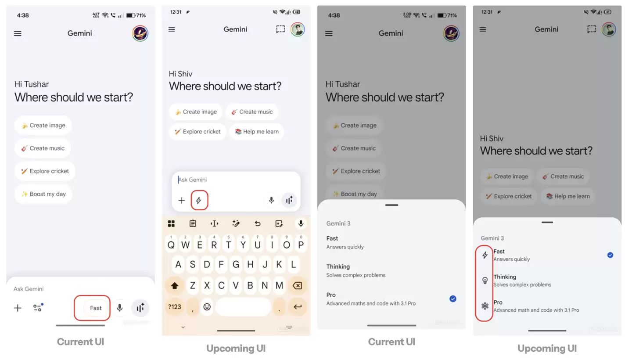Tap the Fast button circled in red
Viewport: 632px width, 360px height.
coord(96,308)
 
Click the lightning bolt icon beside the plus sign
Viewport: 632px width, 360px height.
coord(199,200)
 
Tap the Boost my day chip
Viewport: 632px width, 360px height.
coord(43,194)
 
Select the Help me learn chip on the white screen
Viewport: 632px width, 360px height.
coord(257,131)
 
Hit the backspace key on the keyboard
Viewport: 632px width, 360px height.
coord(298,285)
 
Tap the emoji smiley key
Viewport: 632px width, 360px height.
coord(207,307)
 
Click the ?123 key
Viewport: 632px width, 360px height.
coord(174,307)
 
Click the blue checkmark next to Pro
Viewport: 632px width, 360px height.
coord(453,299)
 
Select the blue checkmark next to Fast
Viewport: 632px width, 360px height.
coord(610,255)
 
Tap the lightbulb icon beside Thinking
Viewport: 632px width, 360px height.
coord(485,281)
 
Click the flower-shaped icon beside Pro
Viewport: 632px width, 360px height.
coord(485,306)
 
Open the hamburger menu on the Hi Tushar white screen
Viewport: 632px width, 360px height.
coord(18,33)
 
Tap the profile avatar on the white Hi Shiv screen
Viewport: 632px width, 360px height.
coord(298,29)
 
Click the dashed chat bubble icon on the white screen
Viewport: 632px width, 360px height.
coord(280,29)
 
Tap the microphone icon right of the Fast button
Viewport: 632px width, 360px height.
coord(120,308)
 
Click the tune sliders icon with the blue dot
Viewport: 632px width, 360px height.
coord(38,307)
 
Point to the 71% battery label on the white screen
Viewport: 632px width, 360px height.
coord(141,15)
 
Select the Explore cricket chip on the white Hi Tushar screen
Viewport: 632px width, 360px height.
coord(45,171)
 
